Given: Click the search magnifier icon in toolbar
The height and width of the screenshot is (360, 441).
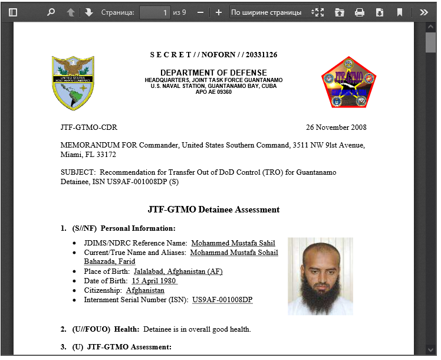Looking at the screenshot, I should tap(51, 12).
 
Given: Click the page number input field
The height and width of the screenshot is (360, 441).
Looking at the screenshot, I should tap(155, 12).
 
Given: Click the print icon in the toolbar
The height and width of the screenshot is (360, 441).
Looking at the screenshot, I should tap(360, 12).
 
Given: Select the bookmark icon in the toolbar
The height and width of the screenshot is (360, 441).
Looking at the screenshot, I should tap(400, 12).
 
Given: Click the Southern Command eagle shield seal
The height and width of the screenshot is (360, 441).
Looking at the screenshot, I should tap(73, 83).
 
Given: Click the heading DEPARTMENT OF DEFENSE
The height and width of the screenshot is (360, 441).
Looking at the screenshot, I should tap(213, 73).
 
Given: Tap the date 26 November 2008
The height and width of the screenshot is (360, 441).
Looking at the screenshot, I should tap(336, 127).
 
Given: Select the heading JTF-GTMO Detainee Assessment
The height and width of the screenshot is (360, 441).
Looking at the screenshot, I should tap(213, 210).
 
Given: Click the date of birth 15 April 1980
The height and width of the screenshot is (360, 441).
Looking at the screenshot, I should tap(154, 281).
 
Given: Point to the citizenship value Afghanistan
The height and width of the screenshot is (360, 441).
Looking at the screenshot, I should tap(145, 290).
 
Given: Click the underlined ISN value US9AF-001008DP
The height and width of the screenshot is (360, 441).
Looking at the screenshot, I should tap(222, 300).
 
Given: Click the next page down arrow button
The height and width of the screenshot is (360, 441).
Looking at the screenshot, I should tap(89, 12).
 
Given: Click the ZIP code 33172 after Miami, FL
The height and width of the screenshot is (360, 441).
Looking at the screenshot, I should tap(107, 155).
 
